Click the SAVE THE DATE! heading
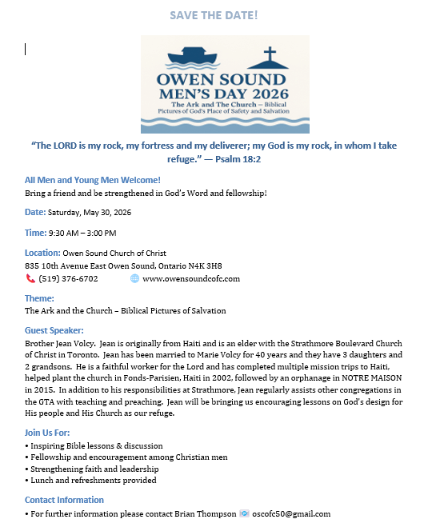click(x=214, y=15)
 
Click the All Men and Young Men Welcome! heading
click(x=93, y=180)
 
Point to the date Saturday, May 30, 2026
click(x=90, y=213)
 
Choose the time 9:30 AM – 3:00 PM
click(x=82, y=233)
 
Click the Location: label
click(x=42, y=253)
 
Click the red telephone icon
click(x=30, y=278)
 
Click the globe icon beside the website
click(x=134, y=278)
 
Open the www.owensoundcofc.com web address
click(x=190, y=278)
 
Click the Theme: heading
click(x=39, y=298)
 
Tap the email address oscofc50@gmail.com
click(x=292, y=513)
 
